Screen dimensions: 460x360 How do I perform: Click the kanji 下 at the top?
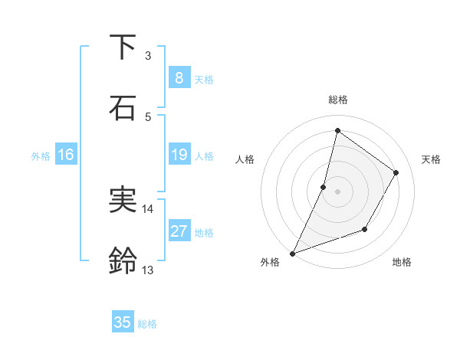(x=123, y=48)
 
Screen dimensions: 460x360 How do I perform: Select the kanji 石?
(x=123, y=108)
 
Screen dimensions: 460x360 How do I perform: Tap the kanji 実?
(x=123, y=200)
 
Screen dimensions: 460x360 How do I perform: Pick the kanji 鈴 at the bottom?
(x=123, y=261)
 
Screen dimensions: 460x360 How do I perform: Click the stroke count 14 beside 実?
(x=148, y=208)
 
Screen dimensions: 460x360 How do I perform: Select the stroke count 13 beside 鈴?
(x=148, y=270)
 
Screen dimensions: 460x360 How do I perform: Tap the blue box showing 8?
(x=179, y=77)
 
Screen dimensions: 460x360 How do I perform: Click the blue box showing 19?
(x=179, y=155)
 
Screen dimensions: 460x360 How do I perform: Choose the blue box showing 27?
(x=179, y=231)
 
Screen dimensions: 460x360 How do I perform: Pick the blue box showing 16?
(x=65, y=155)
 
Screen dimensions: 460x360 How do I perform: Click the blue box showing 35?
(x=123, y=322)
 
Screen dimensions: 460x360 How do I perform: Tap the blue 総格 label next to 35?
(x=147, y=324)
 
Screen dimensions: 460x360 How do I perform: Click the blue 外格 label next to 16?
(x=41, y=156)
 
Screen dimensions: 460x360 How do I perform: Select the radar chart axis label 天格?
(x=431, y=159)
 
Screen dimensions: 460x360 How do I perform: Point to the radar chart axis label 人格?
(x=245, y=159)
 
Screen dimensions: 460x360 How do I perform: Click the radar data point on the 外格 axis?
(x=292, y=253)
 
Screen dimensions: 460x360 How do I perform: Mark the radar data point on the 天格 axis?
(x=396, y=172)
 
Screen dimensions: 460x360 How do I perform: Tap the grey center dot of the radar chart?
(x=337, y=191)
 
